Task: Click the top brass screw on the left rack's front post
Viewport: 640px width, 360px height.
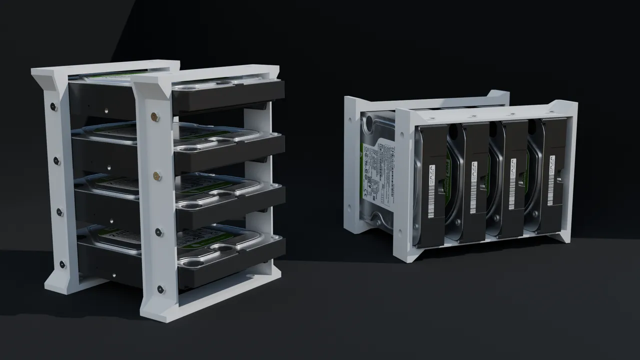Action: coord(155,116)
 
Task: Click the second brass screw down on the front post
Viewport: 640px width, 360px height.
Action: coord(156,175)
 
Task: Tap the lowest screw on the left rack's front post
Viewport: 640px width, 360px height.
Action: coord(160,288)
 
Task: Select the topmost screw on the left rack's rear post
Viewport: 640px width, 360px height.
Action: coord(53,106)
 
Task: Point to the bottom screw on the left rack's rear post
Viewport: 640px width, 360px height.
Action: coord(62,264)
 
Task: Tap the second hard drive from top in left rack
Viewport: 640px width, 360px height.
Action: coord(227,147)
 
